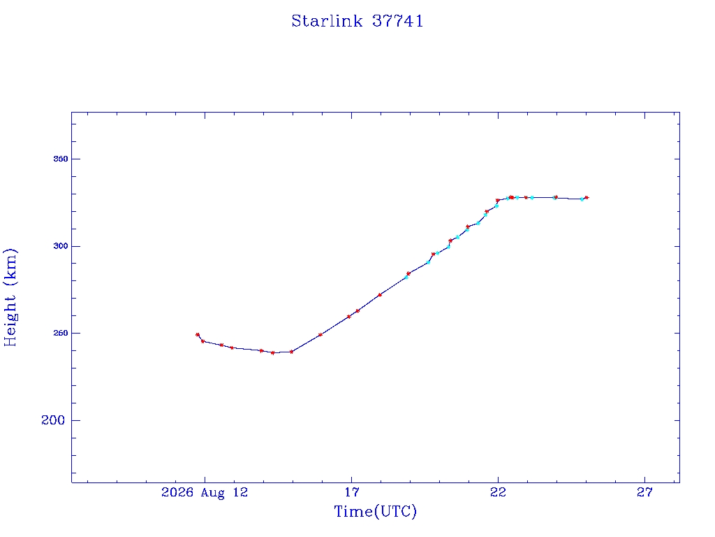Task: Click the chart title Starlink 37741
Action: tap(357, 21)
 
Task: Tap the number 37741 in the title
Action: tap(398, 21)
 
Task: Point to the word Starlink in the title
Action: tap(327, 21)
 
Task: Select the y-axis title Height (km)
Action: tap(10, 297)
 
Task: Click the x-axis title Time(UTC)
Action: tap(375, 511)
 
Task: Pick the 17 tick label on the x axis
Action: tap(352, 492)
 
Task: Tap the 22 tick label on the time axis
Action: tap(498, 492)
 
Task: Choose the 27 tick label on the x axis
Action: tap(644, 492)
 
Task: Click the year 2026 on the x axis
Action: tap(177, 492)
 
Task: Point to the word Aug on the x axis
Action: tap(213, 493)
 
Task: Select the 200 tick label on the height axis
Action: tap(53, 420)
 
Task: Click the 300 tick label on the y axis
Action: tap(61, 246)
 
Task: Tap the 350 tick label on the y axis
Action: tap(61, 159)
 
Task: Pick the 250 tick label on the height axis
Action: tap(61, 334)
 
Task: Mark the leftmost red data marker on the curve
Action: tap(198, 335)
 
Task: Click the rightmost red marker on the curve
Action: tap(587, 198)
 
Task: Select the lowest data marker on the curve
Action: tap(273, 353)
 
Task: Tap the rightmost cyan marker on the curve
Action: tap(582, 199)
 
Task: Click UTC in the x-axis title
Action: tap(396, 511)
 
